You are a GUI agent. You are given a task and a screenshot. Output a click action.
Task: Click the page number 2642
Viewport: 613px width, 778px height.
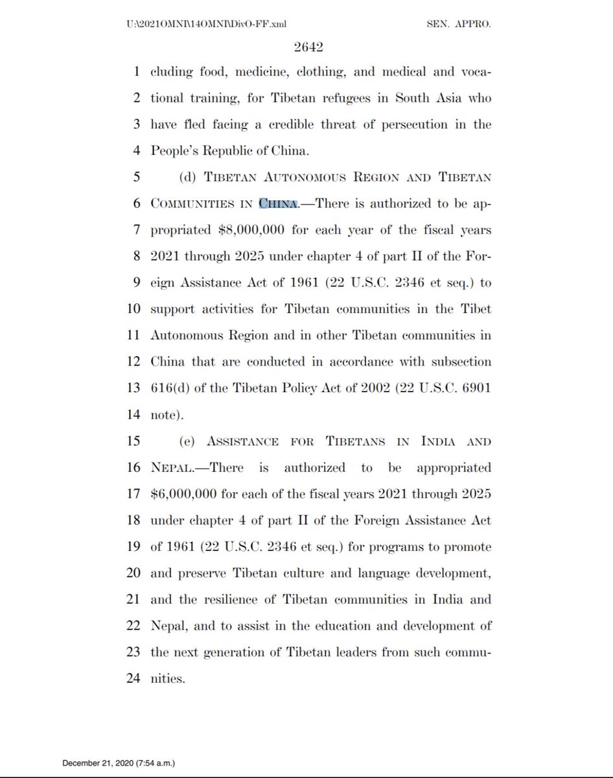tap(306, 47)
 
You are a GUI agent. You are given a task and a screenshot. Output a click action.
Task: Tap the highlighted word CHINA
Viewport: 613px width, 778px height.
tap(278, 203)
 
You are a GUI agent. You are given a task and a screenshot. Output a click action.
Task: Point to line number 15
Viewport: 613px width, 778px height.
tap(134, 442)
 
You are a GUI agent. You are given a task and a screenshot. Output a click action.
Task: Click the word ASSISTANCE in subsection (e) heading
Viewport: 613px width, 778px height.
tap(243, 442)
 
